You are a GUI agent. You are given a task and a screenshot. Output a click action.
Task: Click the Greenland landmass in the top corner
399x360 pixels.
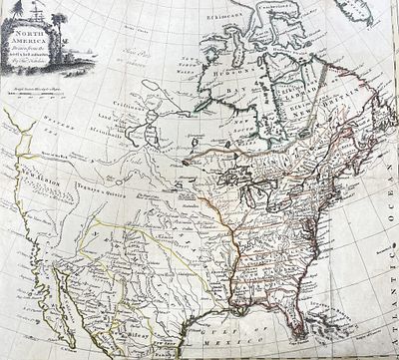pyautogui.click(x=354, y=12)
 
